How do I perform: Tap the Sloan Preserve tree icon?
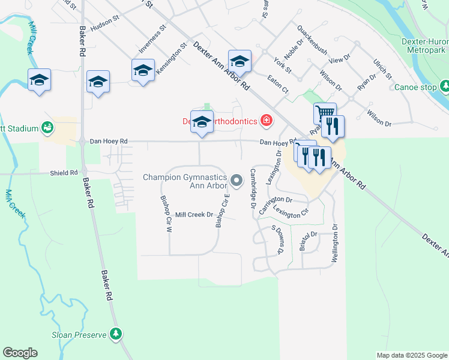point(116,334)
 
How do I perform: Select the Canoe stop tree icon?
point(445,88)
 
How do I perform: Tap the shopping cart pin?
point(325,113)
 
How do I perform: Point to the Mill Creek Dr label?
point(194,214)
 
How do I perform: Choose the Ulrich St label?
point(382,69)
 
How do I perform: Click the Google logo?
point(20,353)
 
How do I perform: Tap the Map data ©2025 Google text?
point(411,355)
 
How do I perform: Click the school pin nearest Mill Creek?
point(40,80)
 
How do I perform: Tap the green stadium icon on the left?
point(47,127)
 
